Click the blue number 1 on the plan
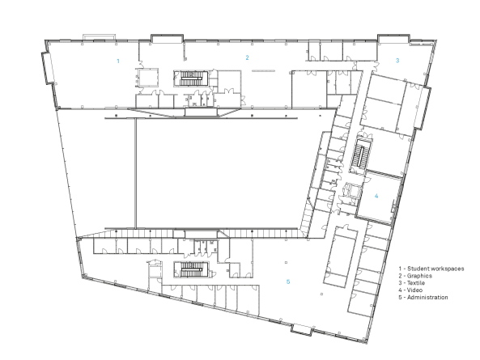pos(118,61)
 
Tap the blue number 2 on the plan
pos(248,57)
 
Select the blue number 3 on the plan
pos(397,61)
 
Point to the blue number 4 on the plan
pos(376,196)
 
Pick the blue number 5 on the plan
pos(287,282)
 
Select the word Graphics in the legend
pos(420,276)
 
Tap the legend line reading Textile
pos(418,283)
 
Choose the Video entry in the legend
pos(417,290)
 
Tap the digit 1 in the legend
pos(401,268)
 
